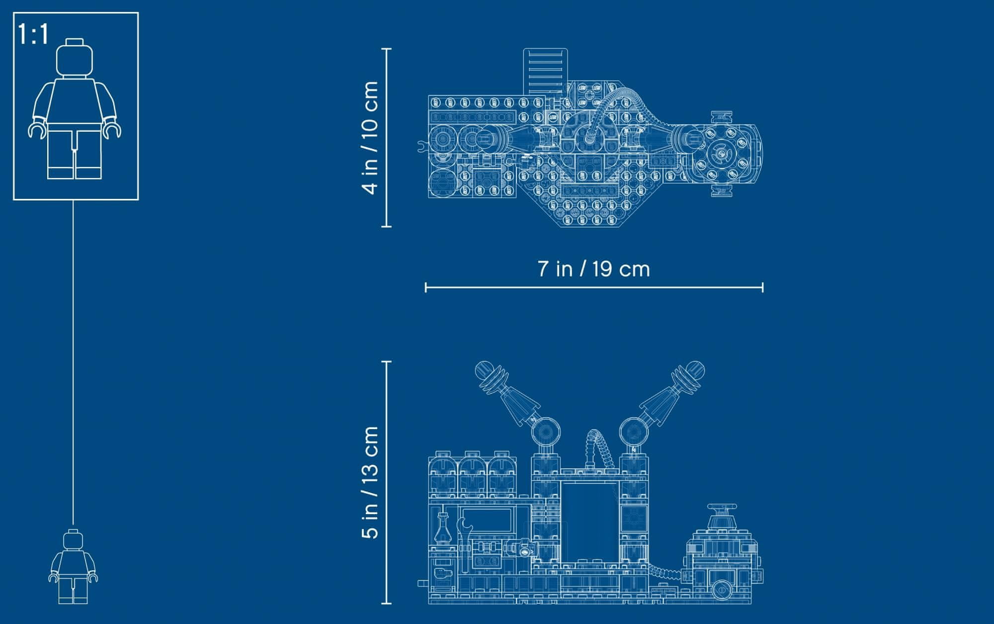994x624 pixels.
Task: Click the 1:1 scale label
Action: tap(33, 35)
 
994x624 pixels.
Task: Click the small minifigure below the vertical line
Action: tap(73, 567)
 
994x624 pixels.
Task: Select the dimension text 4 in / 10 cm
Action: tap(371, 138)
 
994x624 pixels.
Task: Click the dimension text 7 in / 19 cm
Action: tap(594, 269)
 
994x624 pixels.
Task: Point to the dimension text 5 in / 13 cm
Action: tap(371, 482)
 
